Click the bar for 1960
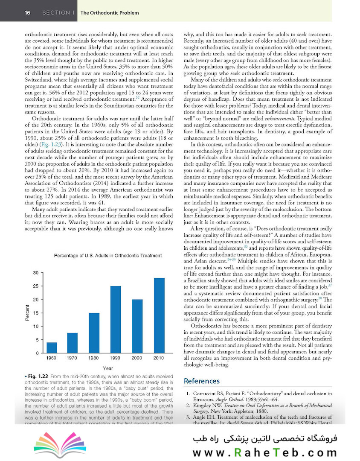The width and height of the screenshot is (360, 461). pos(52,348)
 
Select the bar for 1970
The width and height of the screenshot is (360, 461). pos(73,343)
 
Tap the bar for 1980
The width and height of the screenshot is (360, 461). pos(94,333)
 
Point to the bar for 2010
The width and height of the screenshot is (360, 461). pos(159,316)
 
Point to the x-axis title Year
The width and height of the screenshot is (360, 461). pos(107,368)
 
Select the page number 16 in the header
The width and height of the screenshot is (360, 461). pos(27,13)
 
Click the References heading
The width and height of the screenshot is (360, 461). pos(201,381)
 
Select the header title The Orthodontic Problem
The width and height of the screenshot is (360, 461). pos(109,13)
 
